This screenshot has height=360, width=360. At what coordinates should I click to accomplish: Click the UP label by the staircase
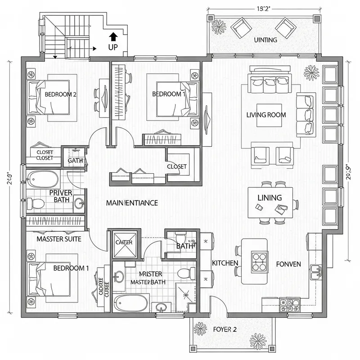(x=113, y=46)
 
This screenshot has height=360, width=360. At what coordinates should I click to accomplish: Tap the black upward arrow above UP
(x=113, y=36)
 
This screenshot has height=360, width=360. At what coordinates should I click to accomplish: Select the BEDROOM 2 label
(x=61, y=94)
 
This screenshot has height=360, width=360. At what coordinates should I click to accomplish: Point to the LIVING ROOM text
(x=266, y=115)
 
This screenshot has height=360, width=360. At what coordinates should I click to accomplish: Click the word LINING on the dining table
(x=270, y=198)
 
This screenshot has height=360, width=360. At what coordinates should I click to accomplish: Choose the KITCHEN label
(x=225, y=262)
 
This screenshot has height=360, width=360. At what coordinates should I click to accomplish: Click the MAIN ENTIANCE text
(x=132, y=203)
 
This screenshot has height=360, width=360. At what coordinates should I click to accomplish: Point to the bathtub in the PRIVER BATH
(x=43, y=180)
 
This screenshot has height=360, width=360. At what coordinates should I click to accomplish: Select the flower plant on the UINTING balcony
(x=220, y=27)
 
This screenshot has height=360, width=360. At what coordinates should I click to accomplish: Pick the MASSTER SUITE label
(x=59, y=239)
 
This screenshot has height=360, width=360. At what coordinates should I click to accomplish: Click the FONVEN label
(x=289, y=264)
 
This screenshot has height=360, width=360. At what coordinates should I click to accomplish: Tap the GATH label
(x=74, y=160)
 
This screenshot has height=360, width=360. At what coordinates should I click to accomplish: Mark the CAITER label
(x=124, y=242)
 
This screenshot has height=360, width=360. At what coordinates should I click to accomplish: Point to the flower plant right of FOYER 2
(x=259, y=338)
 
